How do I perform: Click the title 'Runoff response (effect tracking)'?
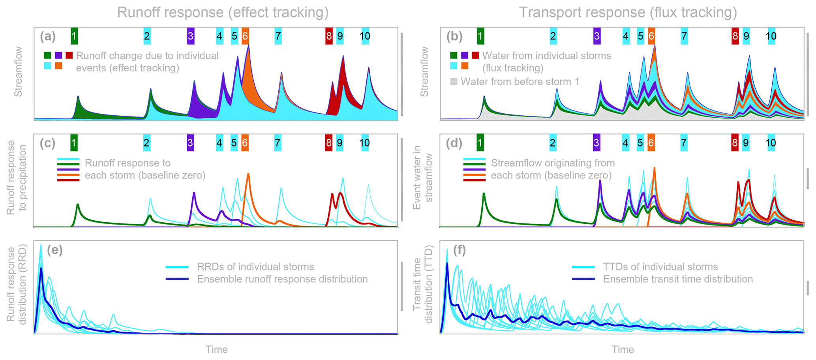[x=223, y=13]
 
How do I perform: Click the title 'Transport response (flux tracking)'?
[x=628, y=13]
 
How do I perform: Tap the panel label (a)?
[x=48, y=36]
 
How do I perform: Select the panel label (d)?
[x=454, y=143]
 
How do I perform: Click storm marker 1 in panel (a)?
[x=74, y=36]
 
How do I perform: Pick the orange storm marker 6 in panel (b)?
[x=651, y=36]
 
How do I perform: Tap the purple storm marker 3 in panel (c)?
[x=190, y=142]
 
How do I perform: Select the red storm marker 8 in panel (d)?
[x=735, y=142]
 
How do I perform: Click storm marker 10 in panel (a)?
[x=365, y=36]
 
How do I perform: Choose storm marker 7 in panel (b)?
[x=684, y=36]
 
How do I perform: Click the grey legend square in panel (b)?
[x=454, y=82]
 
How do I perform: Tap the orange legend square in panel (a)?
[x=58, y=66]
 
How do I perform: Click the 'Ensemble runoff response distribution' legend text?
[x=282, y=279]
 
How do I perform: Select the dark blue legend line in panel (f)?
[x=583, y=279]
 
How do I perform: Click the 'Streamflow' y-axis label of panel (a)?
[x=18, y=72]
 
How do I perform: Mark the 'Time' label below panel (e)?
[x=217, y=349]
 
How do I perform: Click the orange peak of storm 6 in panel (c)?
[x=248, y=174]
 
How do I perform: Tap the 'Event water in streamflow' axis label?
[x=422, y=178]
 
